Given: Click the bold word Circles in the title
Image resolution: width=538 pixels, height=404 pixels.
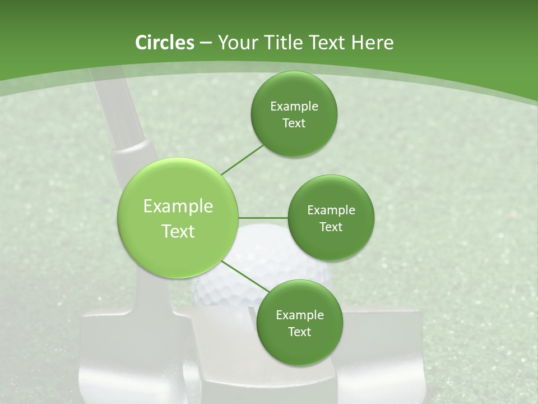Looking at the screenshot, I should tap(165, 43).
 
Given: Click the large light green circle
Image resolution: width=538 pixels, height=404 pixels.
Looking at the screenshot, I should tap(178, 218).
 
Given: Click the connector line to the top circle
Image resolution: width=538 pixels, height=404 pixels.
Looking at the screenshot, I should tap(242, 159).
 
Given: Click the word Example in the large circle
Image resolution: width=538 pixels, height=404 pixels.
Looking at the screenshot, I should tap(178, 206).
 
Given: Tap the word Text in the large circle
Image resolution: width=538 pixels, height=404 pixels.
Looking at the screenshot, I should tap(178, 231).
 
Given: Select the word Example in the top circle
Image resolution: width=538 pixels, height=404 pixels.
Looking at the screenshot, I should tap(294, 107).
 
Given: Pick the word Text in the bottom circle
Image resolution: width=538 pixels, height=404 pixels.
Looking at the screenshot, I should tap(299, 332).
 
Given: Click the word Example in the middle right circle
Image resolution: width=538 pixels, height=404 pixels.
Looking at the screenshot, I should tap(331, 210).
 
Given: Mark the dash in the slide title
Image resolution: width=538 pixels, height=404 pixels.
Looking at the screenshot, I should tap(206, 43).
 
